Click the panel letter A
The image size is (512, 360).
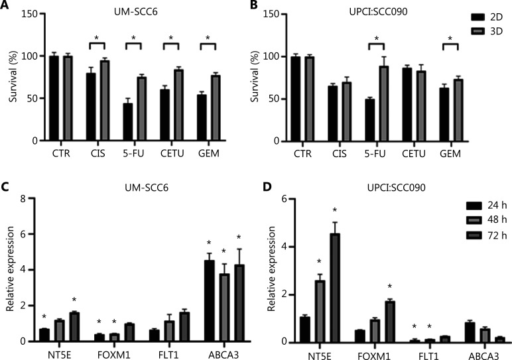point(6,8)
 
